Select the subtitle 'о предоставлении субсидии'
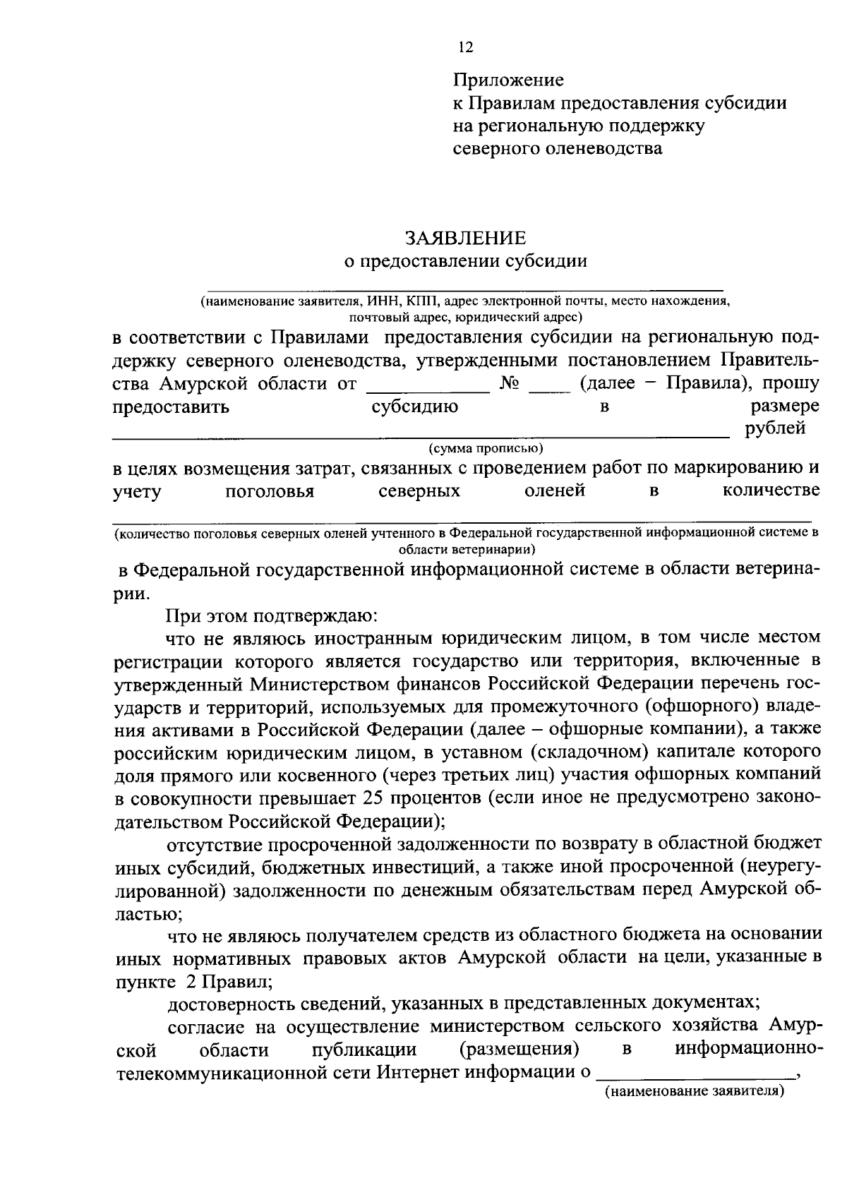pos(465,261)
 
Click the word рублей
pos(775,428)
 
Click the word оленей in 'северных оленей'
pos(555,490)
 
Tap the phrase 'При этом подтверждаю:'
pos(272,615)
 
